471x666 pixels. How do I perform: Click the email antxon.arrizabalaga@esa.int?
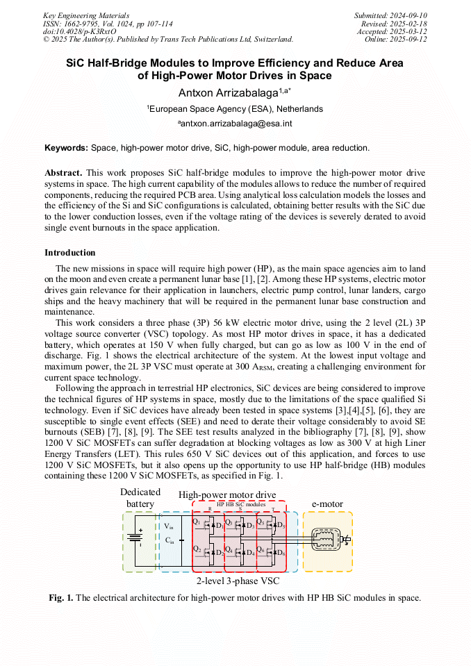coord(236,124)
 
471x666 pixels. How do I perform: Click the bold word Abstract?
coord(64,172)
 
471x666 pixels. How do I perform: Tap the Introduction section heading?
coord(70,252)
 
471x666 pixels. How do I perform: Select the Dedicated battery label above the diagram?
coord(140,498)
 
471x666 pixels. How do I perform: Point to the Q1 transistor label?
coord(196,522)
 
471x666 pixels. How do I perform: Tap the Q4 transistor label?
coord(229,549)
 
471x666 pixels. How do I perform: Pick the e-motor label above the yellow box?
coord(327,503)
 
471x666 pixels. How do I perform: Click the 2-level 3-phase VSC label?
coord(238,580)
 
